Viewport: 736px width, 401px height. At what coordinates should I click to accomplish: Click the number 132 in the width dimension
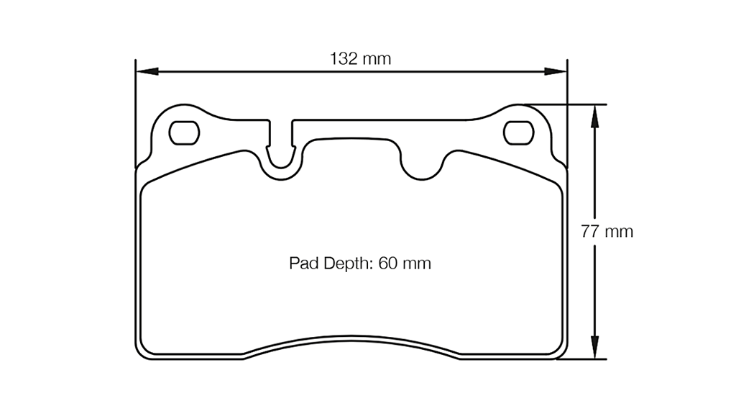click(344, 59)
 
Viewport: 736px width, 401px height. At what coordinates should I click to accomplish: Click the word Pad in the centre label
click(303, 263)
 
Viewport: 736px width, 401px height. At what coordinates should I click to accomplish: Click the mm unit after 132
click(377, 59)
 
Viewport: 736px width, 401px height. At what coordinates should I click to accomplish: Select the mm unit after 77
click(618, 232)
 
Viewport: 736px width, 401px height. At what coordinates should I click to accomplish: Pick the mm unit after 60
click(417, 263)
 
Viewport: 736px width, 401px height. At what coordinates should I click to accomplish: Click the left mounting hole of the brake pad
click(184, 132)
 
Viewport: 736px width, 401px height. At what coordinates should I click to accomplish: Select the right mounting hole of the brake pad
click(519, 132)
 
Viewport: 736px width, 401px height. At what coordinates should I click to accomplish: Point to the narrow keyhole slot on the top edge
click(281, 144)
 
